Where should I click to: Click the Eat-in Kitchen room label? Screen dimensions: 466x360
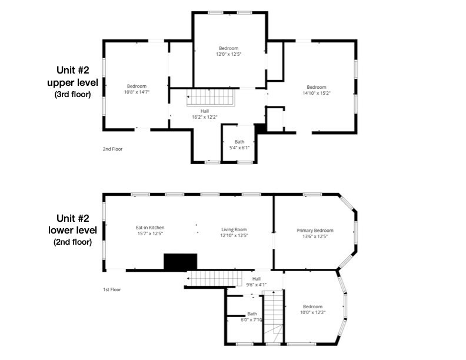point(150,228)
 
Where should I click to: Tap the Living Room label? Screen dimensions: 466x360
point(234,229)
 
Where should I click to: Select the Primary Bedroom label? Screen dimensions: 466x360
point(315,230)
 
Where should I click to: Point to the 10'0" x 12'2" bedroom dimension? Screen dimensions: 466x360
point(312,312)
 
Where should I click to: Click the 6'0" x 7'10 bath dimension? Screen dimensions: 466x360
point(251,320)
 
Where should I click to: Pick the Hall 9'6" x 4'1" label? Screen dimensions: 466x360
point(256,282)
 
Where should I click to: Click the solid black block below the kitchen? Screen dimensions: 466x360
point(181,262)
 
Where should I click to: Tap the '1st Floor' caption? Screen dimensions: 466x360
point(112,289)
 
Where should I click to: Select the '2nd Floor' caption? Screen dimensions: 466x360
point(112,149)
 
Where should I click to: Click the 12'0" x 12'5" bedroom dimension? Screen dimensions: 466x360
point(228,54)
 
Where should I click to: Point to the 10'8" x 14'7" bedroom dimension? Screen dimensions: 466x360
point(137,92)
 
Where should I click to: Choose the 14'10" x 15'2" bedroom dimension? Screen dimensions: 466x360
point(317,93)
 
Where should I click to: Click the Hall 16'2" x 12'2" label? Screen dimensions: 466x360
point(205,114)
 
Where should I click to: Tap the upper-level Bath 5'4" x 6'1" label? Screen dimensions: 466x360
point(239,145)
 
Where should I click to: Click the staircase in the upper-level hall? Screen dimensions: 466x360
point(211,97)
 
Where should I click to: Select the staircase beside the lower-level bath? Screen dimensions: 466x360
point(274,316)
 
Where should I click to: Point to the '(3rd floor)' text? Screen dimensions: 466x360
point(72,95)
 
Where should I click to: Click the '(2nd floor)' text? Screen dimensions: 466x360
point(72,242)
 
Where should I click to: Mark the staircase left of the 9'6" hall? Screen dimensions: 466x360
point(214,279)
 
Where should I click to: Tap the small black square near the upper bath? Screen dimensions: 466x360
point(260,129)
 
